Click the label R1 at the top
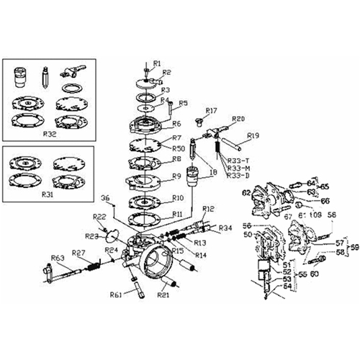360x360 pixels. (158, 63)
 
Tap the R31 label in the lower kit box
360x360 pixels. (48, 194)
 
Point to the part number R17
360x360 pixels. (210, 110)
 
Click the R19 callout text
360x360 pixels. (253, 135)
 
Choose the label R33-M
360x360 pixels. (238, 168)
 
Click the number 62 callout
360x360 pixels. (246, 193)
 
